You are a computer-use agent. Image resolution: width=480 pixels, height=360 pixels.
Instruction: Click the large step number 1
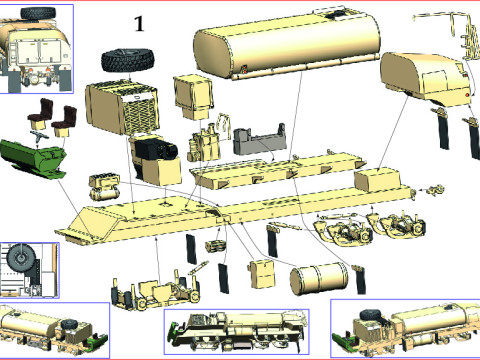click(139, 24)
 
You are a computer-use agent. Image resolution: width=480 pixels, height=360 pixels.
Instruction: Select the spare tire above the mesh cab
click(128, 60)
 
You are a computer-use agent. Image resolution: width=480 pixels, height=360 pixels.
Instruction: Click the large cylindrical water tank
click(287, 43)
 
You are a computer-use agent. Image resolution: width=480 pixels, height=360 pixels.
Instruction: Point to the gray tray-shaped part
click(260, 140)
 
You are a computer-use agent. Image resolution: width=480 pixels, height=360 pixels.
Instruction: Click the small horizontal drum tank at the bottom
click(318, 279)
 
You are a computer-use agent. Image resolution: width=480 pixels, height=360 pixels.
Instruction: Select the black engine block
click(155, 152)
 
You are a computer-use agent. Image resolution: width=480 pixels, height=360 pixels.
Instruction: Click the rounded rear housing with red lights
click(425, 78)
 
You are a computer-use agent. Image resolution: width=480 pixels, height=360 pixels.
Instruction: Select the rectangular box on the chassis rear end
click(377, 180)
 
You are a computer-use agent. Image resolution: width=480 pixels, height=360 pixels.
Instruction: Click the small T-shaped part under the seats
click(38, 136)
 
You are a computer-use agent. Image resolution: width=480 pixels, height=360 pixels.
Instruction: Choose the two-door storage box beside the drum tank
click(262, 274)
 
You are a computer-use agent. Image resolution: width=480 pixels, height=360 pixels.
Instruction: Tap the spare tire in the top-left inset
click(38, 13)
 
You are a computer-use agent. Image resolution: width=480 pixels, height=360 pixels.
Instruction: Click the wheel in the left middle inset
click(21, 258)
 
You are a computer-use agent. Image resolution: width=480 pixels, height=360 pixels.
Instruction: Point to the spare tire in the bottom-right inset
click(371, 315)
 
